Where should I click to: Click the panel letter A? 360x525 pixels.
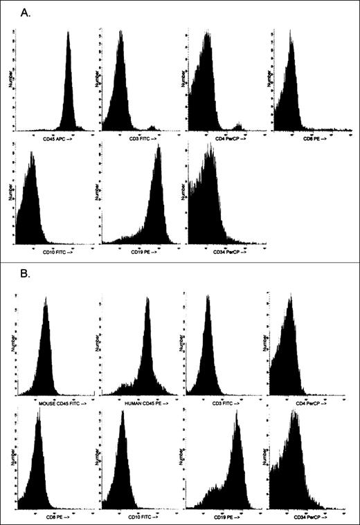pyautogui.click(x=25, y=14)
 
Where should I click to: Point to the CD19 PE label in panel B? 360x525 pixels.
pyautogui.click(x=217, y=516)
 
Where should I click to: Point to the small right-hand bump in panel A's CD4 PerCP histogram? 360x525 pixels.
pyautogui.click(x=239, y=125)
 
